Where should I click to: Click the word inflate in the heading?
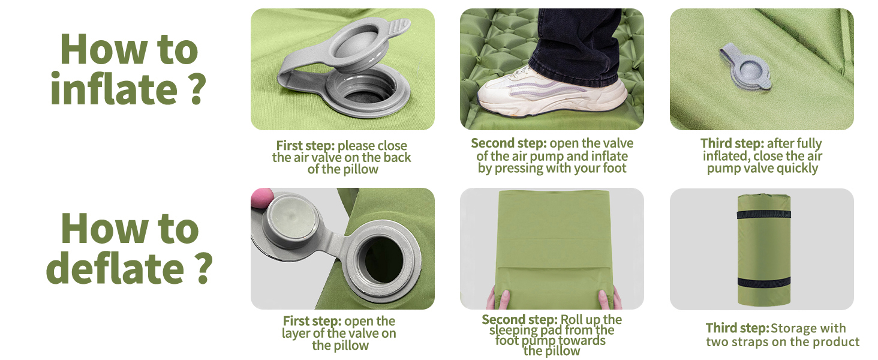114,89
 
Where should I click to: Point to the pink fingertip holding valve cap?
261,197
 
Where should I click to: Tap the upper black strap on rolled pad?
763,215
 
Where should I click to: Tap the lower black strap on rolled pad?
763,282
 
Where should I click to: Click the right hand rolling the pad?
609,299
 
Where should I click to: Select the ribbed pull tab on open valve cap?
396,28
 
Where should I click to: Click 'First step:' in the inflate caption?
306,145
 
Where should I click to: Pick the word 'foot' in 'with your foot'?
614,168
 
